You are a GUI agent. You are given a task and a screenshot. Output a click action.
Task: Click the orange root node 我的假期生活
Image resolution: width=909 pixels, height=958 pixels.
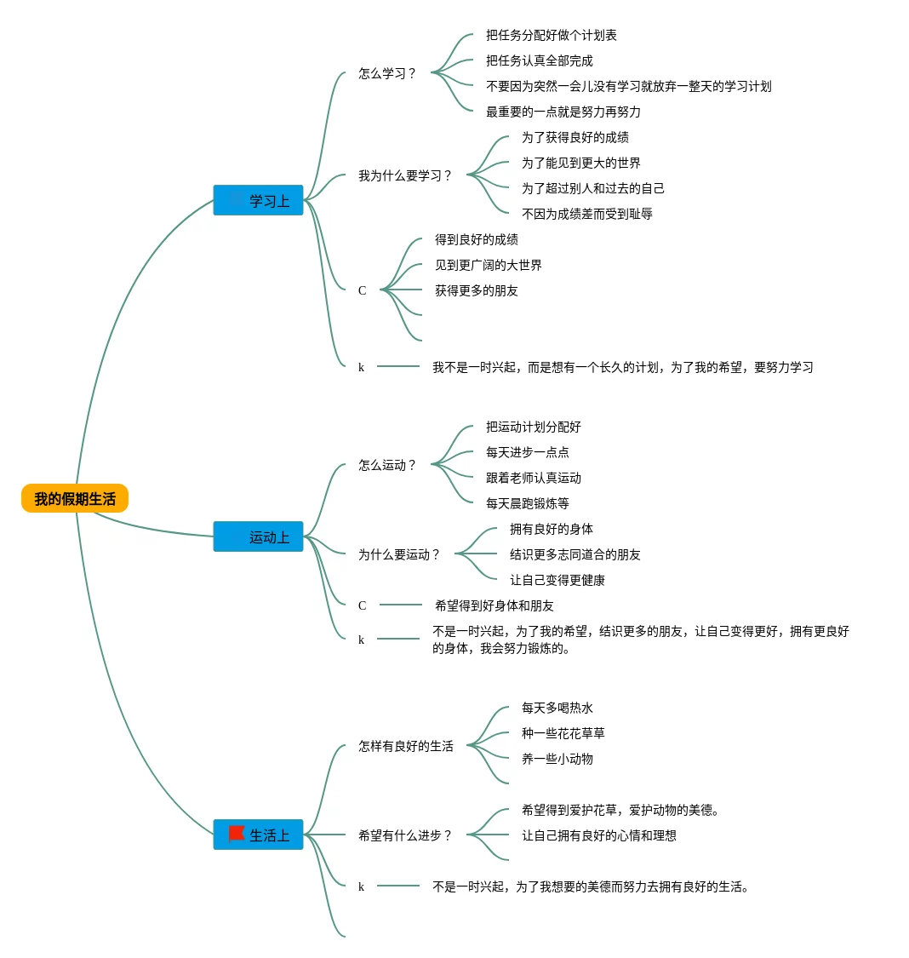75,498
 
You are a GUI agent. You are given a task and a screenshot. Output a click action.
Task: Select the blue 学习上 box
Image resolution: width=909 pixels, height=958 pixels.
258,200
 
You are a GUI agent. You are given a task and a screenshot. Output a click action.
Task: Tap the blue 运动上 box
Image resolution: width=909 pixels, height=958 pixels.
258,536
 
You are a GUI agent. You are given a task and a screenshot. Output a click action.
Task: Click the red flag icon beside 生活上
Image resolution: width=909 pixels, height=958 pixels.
237,834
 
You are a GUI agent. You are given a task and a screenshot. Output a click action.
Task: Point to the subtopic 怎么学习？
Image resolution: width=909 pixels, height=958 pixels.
387,73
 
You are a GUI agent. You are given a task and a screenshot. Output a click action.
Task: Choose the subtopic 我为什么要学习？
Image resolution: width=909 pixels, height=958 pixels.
405,176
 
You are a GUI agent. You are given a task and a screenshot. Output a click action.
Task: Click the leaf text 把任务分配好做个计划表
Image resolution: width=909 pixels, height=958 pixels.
552,36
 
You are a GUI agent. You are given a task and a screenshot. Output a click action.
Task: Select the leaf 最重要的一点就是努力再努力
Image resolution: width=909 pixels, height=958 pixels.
563,112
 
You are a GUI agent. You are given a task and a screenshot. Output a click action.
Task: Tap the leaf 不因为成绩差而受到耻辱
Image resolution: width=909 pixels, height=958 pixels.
586,214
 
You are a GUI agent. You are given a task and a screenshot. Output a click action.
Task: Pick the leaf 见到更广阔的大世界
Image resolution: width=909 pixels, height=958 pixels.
489,265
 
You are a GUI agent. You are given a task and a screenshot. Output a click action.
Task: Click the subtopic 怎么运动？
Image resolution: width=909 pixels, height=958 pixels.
387,466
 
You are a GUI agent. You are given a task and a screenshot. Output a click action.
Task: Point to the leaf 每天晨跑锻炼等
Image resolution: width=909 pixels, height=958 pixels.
528,503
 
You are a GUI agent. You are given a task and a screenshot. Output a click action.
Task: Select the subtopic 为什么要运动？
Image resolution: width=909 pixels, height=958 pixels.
398,554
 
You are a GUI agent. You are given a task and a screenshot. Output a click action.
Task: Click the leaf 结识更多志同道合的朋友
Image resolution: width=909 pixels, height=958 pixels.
575,554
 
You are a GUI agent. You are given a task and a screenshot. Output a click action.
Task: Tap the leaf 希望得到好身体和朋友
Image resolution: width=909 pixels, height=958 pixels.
495,605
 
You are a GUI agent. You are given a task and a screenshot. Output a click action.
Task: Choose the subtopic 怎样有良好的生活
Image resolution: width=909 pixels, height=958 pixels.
406,746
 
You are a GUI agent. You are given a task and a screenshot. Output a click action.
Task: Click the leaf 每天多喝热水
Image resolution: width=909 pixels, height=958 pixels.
557,708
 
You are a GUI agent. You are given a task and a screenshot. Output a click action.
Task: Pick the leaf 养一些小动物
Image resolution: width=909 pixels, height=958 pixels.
557,759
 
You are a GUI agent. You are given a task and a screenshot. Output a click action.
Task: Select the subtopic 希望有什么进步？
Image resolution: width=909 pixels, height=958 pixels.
405,835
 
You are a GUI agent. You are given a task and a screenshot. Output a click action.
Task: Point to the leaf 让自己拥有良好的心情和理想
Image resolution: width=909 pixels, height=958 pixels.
599,835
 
